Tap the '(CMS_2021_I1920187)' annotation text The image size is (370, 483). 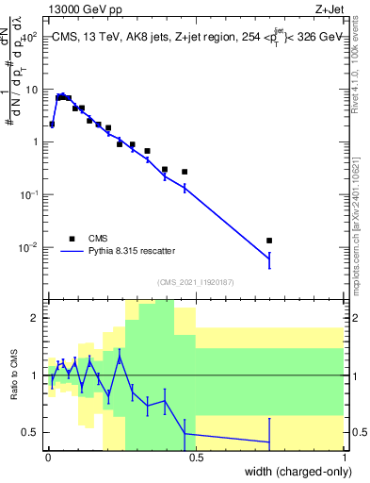coord(195,281)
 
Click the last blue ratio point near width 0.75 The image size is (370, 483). coord(269,441)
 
